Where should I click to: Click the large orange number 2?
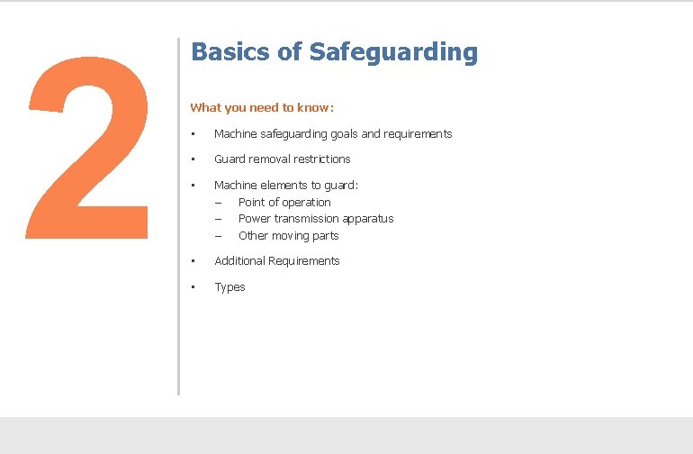[x=88, y=144]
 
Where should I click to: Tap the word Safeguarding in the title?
[x=393, y=52]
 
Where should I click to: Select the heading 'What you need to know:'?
[x=262, y=108]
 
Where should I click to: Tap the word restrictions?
[x=324, y=159]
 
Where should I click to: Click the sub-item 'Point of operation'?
[x=284, y=203]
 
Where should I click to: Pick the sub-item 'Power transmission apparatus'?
[x=316, y=219]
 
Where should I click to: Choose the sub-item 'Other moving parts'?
[x=288, y=236]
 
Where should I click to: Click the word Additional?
[x=239, y=261]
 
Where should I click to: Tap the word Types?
[x=229, y=287]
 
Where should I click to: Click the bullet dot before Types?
[x=193, y=287]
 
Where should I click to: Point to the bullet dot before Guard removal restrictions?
[x=193, y=159]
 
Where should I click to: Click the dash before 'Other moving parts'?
[x=218, y=236]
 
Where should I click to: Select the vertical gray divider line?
[x=179, y=216]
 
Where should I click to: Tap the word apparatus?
[x=369, y=219]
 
